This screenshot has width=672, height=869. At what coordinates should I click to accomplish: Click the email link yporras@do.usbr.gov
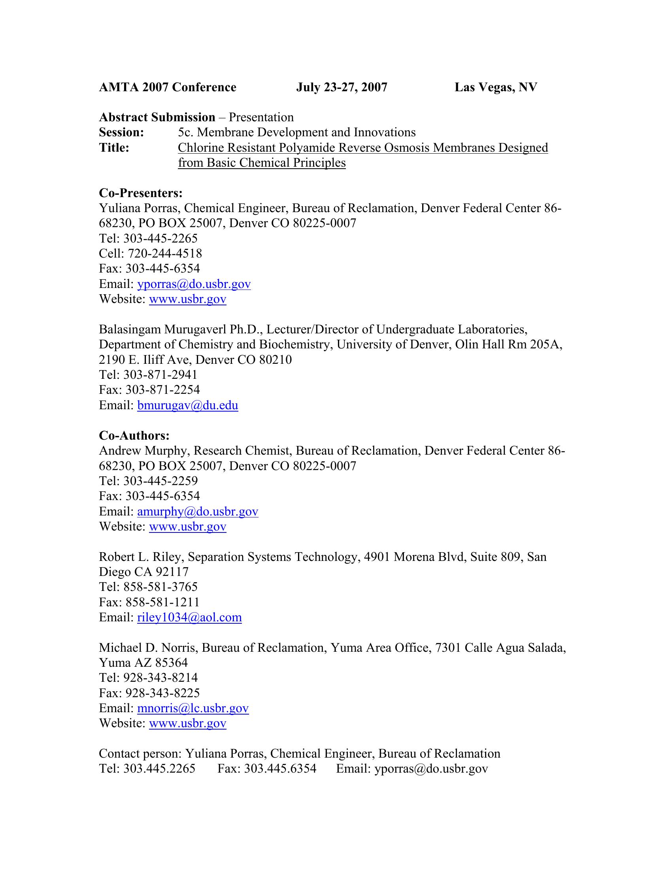point(194,284)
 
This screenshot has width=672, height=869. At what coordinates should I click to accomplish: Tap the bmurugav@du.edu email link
point(187,405)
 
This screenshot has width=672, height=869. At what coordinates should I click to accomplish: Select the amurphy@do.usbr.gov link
point(198,511)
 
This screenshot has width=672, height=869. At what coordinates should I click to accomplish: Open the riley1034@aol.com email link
point(189,617)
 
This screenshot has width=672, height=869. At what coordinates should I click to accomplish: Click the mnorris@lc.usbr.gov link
point(193,708)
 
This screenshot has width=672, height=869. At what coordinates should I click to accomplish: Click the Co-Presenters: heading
point(141,194)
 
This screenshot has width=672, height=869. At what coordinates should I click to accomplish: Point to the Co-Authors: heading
point(134,436)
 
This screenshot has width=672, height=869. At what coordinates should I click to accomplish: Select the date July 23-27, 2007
point(342,88)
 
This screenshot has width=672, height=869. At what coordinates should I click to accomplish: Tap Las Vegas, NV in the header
point(496,88)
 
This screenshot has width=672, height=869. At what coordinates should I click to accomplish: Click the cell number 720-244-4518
point(165,254)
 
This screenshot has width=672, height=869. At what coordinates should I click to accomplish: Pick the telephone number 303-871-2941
point(160,375)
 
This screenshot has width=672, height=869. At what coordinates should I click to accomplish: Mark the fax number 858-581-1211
point(162,602)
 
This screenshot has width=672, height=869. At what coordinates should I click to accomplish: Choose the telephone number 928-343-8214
point(160,677)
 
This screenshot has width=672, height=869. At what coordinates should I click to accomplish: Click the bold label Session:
point(121,132)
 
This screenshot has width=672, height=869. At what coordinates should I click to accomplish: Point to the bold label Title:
point(114,148)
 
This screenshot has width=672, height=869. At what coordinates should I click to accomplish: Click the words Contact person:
point(140,754)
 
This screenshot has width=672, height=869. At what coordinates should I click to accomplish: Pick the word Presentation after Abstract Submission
point(261,118)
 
